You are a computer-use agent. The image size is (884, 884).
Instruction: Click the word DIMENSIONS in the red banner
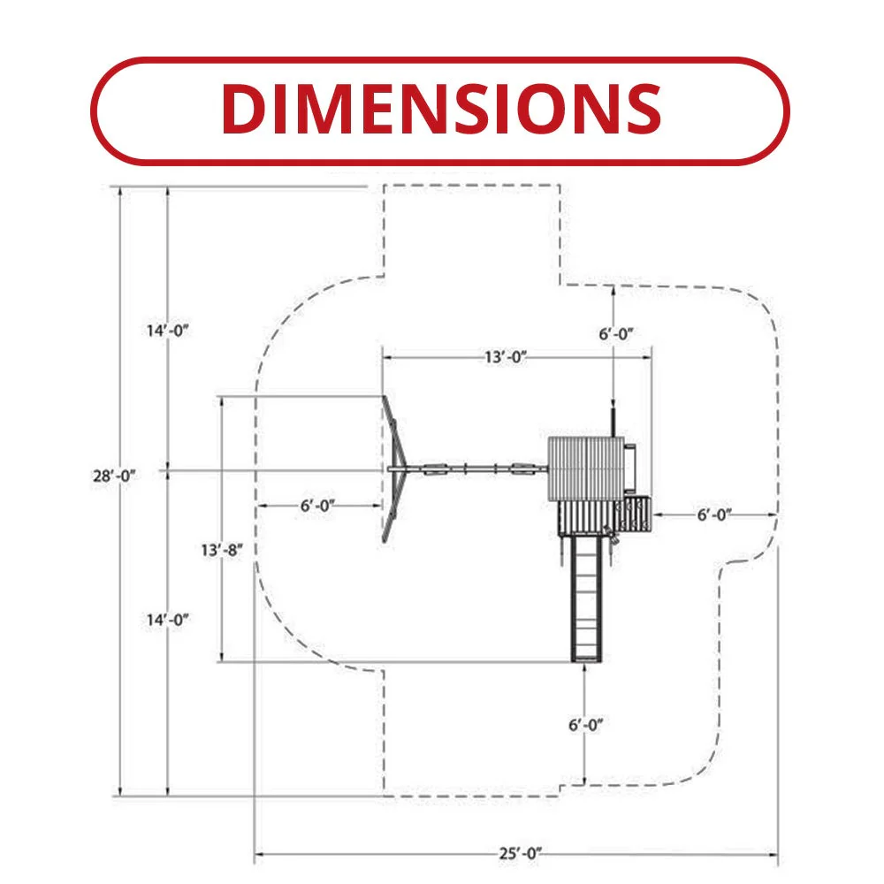[x=441, y=109]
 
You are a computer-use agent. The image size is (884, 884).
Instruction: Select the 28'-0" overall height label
[x=114, y=476]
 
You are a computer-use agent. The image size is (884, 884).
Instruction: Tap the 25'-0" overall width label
[x=520, y=854]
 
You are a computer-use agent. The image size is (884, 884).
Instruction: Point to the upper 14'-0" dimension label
[x=167, y=331]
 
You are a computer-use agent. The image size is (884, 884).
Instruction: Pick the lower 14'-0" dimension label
[x=167, y=620]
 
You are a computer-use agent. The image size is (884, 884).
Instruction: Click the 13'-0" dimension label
[x=506, y=357]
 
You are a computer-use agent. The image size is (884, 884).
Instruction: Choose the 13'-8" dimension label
[x=222, y=550]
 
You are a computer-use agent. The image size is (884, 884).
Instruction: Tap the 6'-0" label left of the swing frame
[x=317, y=506]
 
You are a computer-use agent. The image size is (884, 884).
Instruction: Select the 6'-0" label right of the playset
[x=714, y=514]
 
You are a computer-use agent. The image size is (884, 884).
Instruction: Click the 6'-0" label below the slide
[x=585, y=725]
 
